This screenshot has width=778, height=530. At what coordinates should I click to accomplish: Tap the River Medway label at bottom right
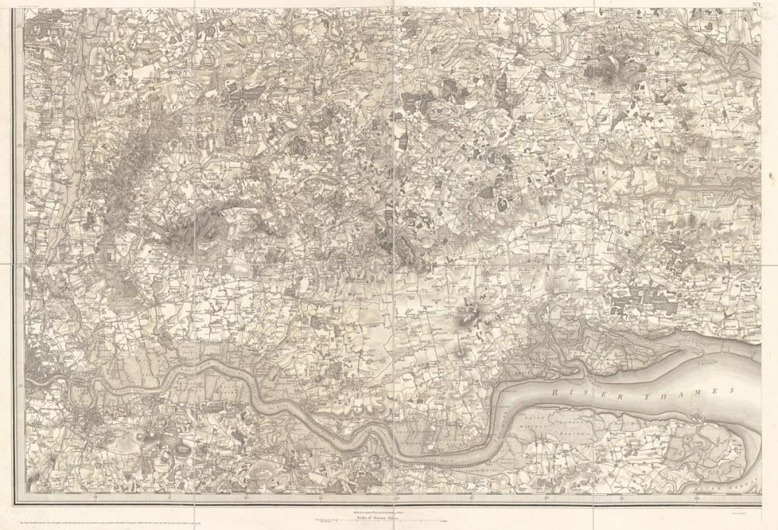click(x=735, y=484)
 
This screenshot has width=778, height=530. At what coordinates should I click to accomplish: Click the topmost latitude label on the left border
click(x=19, y=26)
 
